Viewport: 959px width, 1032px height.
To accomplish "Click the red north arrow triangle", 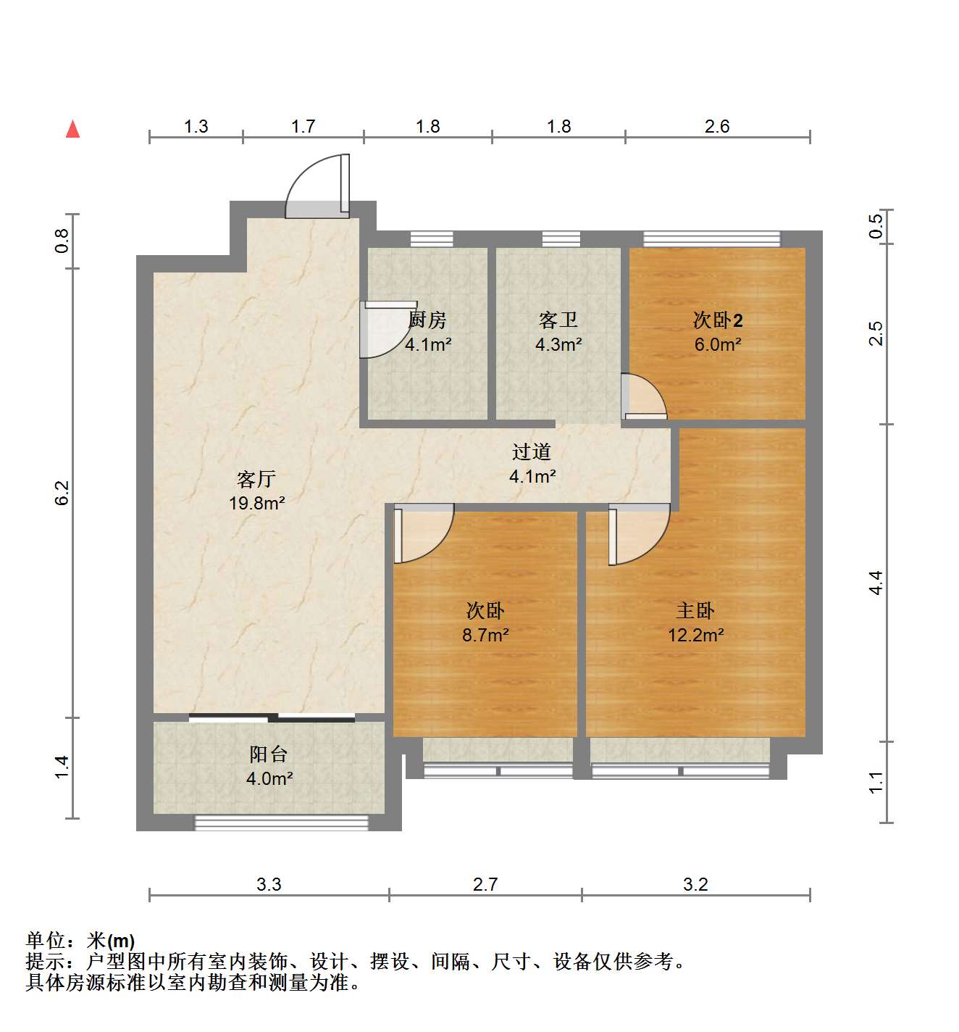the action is pyautogui.click(x=72, y=130).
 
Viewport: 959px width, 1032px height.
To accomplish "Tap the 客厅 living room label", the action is pyautogui.click(x=256, y=479).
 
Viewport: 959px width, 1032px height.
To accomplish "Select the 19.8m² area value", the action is pyautogui.click(x=257, y=503).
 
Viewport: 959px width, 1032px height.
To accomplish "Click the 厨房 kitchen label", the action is pyautogui.click(x=427, y=320).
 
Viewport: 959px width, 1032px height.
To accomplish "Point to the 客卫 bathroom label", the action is pyautogui.click(x=558, y=320).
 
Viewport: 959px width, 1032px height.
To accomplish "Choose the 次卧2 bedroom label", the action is pyautogui.click(x=717, y=320).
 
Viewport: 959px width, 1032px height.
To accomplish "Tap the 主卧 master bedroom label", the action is pyautogui.click(x=695, y=610).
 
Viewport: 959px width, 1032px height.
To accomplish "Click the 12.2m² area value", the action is pyautogui.click(x=696, y=635).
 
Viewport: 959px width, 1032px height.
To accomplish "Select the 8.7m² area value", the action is pyautogui.click(x=486, y=635).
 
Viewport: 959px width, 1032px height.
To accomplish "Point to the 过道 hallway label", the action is pyautogui.click(x=532, y=452).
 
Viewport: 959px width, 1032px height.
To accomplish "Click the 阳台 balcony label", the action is pyautogui.click(x=269, y=754).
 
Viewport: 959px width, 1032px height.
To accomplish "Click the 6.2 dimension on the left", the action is pyautogui.click(x=62, y=493).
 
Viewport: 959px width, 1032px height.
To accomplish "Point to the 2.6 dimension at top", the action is pyautogui.click(x=717, y=126).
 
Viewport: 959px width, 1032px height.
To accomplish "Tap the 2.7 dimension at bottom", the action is pyautogui.click(x=485, y=884).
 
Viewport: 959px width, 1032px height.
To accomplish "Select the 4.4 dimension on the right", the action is pyautogui.click(x=876, y=583).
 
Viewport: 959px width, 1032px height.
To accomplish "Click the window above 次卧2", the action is pyautogui.click(x=712, y=238).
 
